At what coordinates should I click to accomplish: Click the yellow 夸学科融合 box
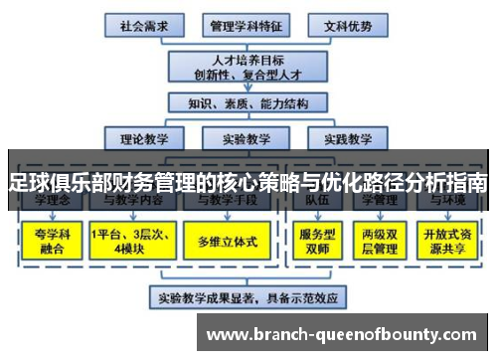47,242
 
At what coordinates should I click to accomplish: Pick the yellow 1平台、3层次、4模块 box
129,242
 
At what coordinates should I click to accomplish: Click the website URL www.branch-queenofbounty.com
345,332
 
